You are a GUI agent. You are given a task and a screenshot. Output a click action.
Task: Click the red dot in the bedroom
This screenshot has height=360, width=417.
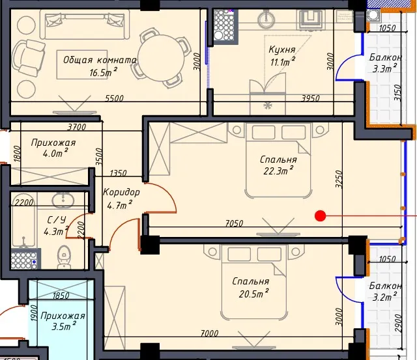pyautogui.click(x=320, y=216)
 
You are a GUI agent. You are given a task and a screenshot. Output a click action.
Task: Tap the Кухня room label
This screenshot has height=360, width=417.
pyautogui.click(x=282, y=49)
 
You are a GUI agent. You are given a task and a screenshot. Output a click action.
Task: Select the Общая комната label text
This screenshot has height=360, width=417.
pyautogui.click(x=100, y=60)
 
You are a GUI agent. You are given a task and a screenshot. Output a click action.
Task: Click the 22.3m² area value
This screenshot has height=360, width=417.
pyautogui.click(x=278, y=171)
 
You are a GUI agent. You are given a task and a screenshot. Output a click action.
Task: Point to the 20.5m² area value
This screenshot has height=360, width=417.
pyautogui.click(x=253, y=294)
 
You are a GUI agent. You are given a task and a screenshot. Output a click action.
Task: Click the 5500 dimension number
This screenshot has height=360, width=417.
pyautogui.click(x=115, y=98)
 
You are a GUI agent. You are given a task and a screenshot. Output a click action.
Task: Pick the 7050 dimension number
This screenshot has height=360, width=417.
pyautogui.click(x=234, y=223)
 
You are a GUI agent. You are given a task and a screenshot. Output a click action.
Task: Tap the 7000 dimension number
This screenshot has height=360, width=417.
pyautogui.click(x=210, y=333)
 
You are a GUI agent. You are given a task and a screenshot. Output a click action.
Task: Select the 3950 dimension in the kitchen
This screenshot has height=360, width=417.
pyautogui.click(x=310, y=98)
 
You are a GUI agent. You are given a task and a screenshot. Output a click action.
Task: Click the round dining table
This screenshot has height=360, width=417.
pyautogui.click(x=162, y=58)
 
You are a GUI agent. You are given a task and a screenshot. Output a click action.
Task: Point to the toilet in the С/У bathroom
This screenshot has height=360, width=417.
pyautogui.click(x=64, y=256)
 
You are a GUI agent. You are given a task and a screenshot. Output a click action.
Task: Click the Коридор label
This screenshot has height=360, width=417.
pyautogui.click(x=121, y=192)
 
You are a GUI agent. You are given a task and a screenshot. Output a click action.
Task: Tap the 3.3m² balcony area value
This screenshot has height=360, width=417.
pyautogui.click(x=384, y=68)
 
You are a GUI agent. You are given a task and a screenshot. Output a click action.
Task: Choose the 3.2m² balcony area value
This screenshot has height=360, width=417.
pyautogui.click(x=384, y=296)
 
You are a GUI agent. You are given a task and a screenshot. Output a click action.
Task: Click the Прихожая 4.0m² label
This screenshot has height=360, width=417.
pyautogui.click(x=53, y=147)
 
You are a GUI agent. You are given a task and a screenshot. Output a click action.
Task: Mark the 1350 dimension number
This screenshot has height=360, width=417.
pyautogui.click(x=119, y=173)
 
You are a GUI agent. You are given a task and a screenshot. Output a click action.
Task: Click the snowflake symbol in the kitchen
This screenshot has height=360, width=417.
pyautogui.click(x=267, y=106)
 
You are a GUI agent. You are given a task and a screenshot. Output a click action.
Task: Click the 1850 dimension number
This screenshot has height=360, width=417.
pyautogui.click(x=61, y=296)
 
